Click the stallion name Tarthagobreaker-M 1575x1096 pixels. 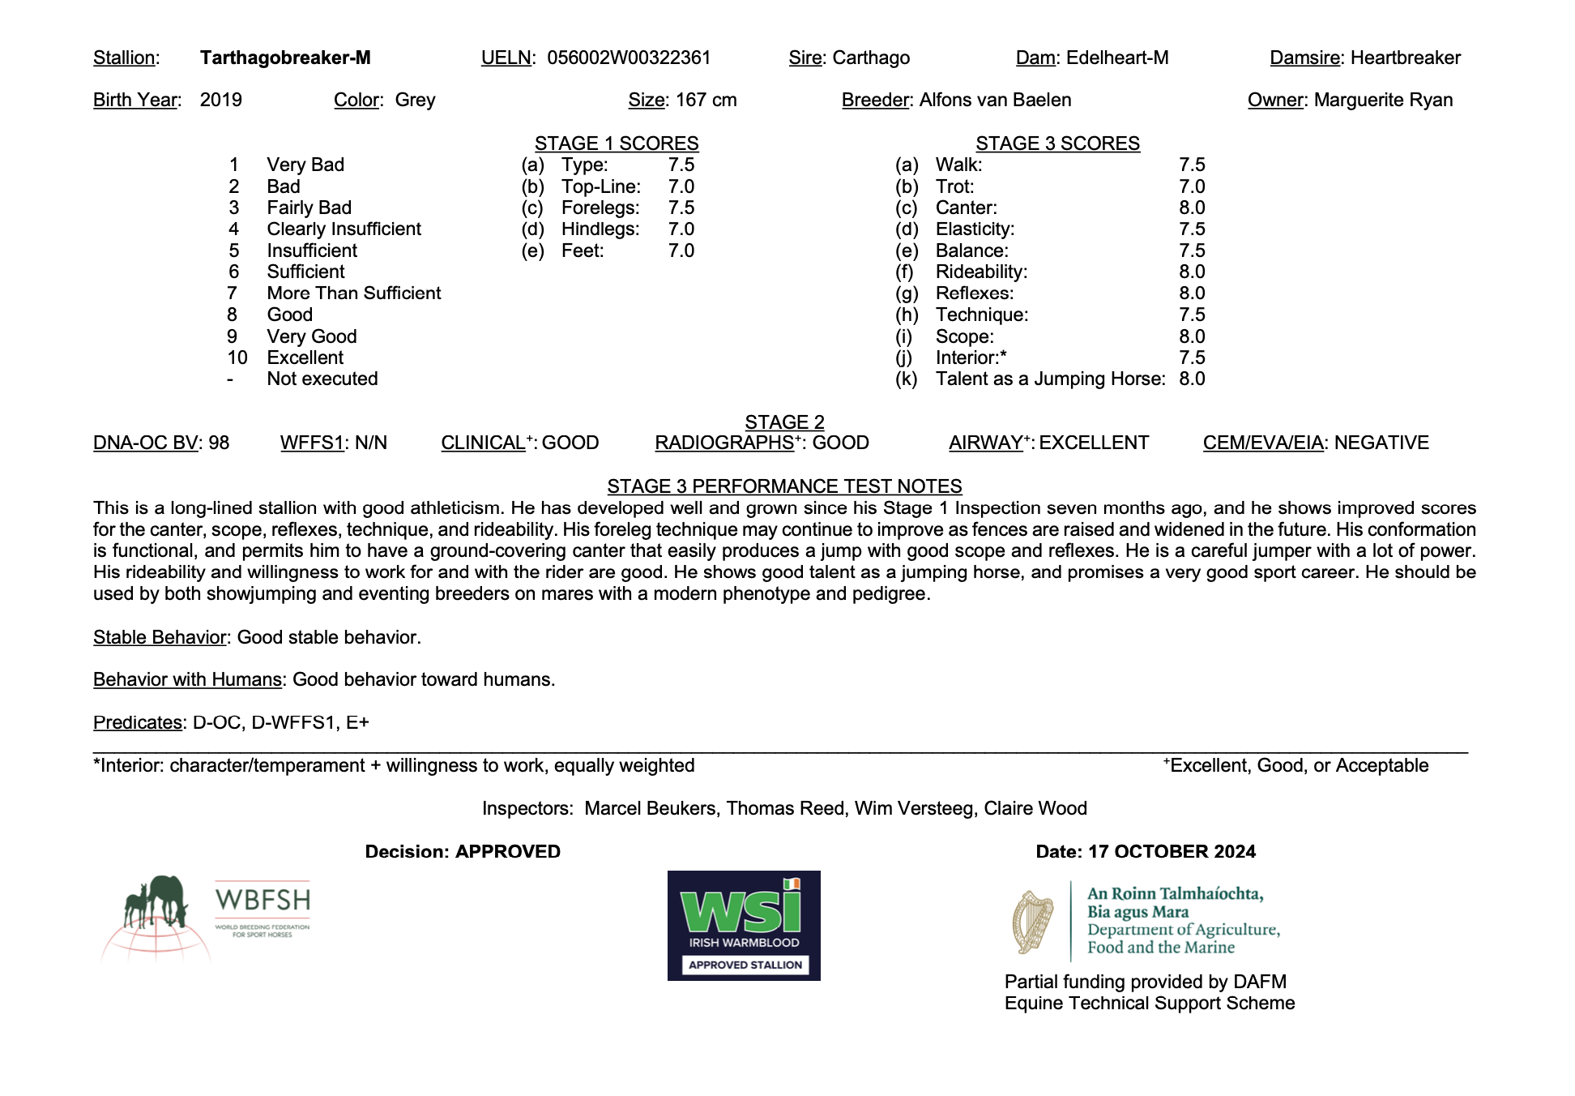click(285, 58)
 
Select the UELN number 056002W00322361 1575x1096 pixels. click(629, 58)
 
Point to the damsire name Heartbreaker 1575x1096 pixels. click(1406, 58)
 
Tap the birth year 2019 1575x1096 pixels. click(221, 100)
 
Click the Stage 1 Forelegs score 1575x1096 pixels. click(681, 208)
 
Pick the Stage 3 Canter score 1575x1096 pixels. click(1192, 208)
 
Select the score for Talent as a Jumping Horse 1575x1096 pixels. click(1192, 379)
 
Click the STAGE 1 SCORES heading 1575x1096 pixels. click(617, 143)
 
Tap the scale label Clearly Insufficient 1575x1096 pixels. click(344, 229)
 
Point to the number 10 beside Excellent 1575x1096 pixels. click(237, 357)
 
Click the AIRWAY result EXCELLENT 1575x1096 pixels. click(1094, 443)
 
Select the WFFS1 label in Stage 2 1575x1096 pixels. click(312, 443)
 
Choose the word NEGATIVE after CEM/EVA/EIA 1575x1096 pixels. click(1381, 443)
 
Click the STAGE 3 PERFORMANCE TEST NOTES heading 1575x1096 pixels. click(784, 486)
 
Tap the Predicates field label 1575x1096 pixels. click(137, 722)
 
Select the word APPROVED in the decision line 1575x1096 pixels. click(508, 851)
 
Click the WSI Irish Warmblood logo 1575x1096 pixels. click(744, 925)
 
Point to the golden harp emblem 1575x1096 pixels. click(1032, 922)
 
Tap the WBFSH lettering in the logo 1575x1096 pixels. click(262, 900)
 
